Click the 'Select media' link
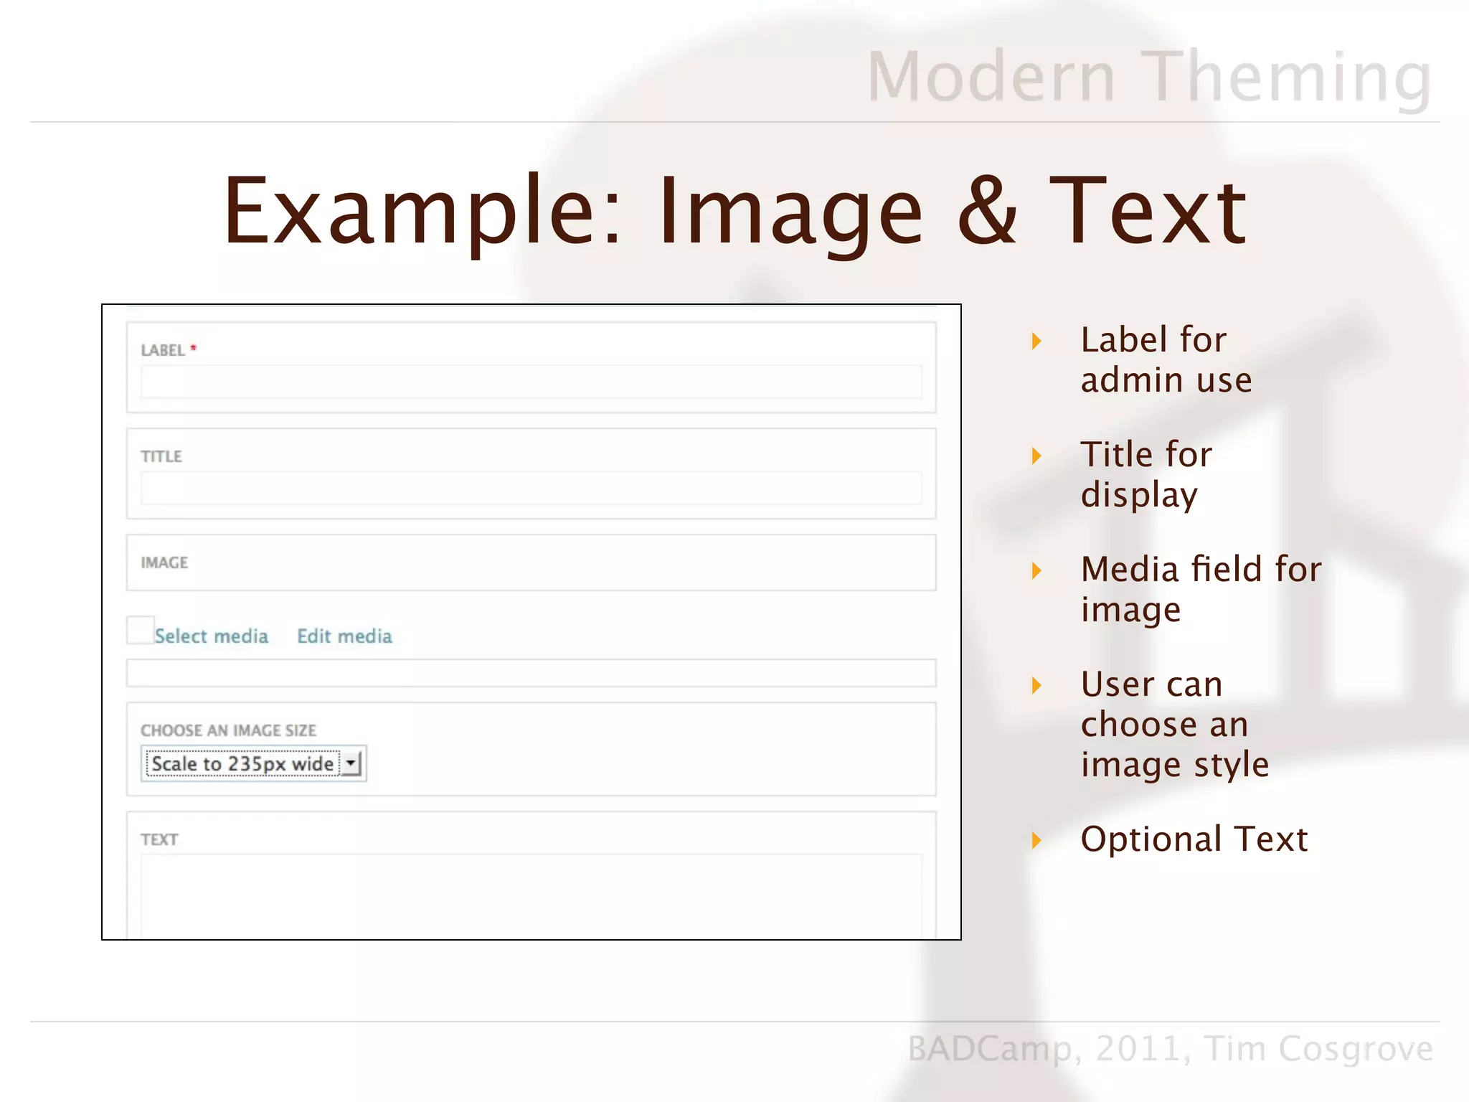(x=211, y=636)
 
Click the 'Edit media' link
(x=344, y=636)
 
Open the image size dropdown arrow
(x=351, y=763)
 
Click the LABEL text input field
(x=531, y=382)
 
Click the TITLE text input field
(x=531, y=488)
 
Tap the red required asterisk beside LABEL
(x=193, y=348)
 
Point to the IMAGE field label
(x=164, y=562)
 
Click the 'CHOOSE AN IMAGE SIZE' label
(x=228, y=730)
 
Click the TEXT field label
(x=159, y=839)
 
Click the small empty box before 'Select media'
(x=140, y=630)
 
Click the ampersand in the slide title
(x=987, y=212)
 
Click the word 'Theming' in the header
(x=1288, y=77)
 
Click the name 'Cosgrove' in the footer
(x=1356, y=1049)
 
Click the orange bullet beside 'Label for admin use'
(x=1036, y=341)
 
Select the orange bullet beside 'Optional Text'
(x=1036, y=840)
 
